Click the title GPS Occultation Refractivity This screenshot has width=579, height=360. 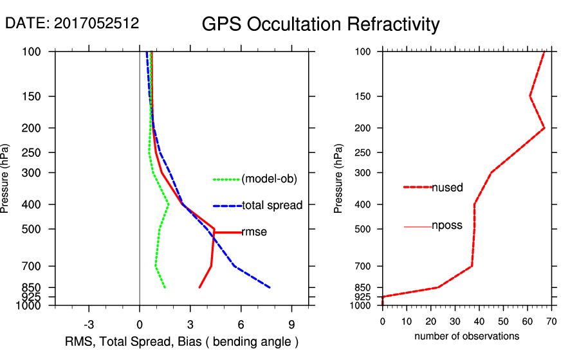click(320, 24)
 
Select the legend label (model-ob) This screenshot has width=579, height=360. click(269, 179)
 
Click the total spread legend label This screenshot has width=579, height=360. click(272, 206)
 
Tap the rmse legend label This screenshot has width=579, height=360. click(254, 232)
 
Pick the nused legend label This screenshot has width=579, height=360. click(447, 188)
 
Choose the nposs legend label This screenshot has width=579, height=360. click(447, 226)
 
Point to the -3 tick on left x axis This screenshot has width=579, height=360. click(89, 324)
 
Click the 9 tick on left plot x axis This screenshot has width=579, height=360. click(292, 324)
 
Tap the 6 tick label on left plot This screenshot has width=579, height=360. click(241, 324)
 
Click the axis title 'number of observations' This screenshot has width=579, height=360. click(466, 336)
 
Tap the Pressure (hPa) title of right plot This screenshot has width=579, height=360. click(339, 179)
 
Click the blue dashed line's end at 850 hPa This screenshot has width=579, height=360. click(270, 287)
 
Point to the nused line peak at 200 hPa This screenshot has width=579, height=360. click(544, 128)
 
